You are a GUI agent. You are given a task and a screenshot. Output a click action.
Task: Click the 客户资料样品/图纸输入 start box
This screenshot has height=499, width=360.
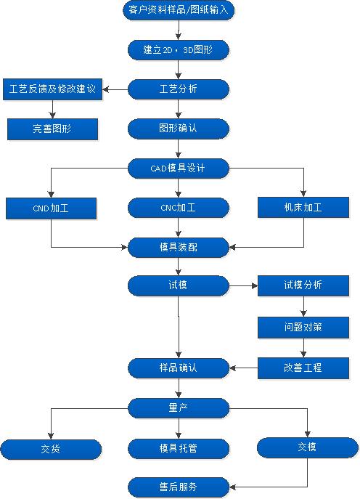178,11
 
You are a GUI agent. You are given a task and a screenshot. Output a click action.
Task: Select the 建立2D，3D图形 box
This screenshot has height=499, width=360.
178,50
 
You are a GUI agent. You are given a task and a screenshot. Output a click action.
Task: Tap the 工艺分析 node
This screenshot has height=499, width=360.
178,89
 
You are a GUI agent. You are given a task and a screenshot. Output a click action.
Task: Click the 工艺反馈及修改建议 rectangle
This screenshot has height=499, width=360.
53,89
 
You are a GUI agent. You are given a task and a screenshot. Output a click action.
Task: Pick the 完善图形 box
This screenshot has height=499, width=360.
53,129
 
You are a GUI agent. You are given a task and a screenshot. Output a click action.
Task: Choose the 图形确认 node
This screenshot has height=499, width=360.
178,129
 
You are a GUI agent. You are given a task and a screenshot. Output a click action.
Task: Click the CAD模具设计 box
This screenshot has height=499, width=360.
178,169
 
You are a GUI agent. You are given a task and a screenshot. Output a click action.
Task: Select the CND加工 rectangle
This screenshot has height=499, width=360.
51,208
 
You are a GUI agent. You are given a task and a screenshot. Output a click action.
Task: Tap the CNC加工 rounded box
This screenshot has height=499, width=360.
178,208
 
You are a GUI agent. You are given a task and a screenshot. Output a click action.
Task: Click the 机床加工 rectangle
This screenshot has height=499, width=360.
303,208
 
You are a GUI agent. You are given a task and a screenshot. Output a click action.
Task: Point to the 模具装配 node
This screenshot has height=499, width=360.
178,247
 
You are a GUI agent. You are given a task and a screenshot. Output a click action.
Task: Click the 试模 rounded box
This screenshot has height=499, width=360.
178,285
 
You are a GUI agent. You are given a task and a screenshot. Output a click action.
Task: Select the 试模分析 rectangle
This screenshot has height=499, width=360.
303,285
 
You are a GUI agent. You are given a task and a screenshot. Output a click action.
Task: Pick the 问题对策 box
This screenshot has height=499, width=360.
303,327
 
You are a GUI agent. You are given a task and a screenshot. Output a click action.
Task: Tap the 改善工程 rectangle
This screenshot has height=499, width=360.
303,368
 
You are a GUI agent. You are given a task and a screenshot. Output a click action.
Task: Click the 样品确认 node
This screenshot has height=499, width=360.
178,368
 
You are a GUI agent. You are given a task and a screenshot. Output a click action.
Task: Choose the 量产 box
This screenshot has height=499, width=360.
178,407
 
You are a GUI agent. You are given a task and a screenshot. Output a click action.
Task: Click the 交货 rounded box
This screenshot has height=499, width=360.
50,449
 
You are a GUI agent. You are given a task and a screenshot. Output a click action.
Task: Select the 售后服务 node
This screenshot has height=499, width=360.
178,486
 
